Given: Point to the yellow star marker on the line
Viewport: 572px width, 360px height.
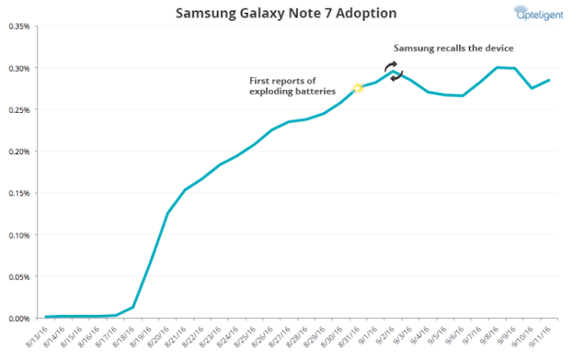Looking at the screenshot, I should click(x=357, y=88).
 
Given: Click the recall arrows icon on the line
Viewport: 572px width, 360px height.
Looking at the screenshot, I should click(x=392, y=72).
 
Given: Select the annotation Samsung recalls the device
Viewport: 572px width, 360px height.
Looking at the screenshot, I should click(x=454, y=48).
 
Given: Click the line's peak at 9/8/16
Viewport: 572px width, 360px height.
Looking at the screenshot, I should click(x=497, y=67).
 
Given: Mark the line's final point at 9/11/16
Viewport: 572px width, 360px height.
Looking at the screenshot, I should click(x=549, y=80).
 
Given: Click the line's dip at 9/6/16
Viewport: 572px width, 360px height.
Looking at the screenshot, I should click(x=462, y=96).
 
